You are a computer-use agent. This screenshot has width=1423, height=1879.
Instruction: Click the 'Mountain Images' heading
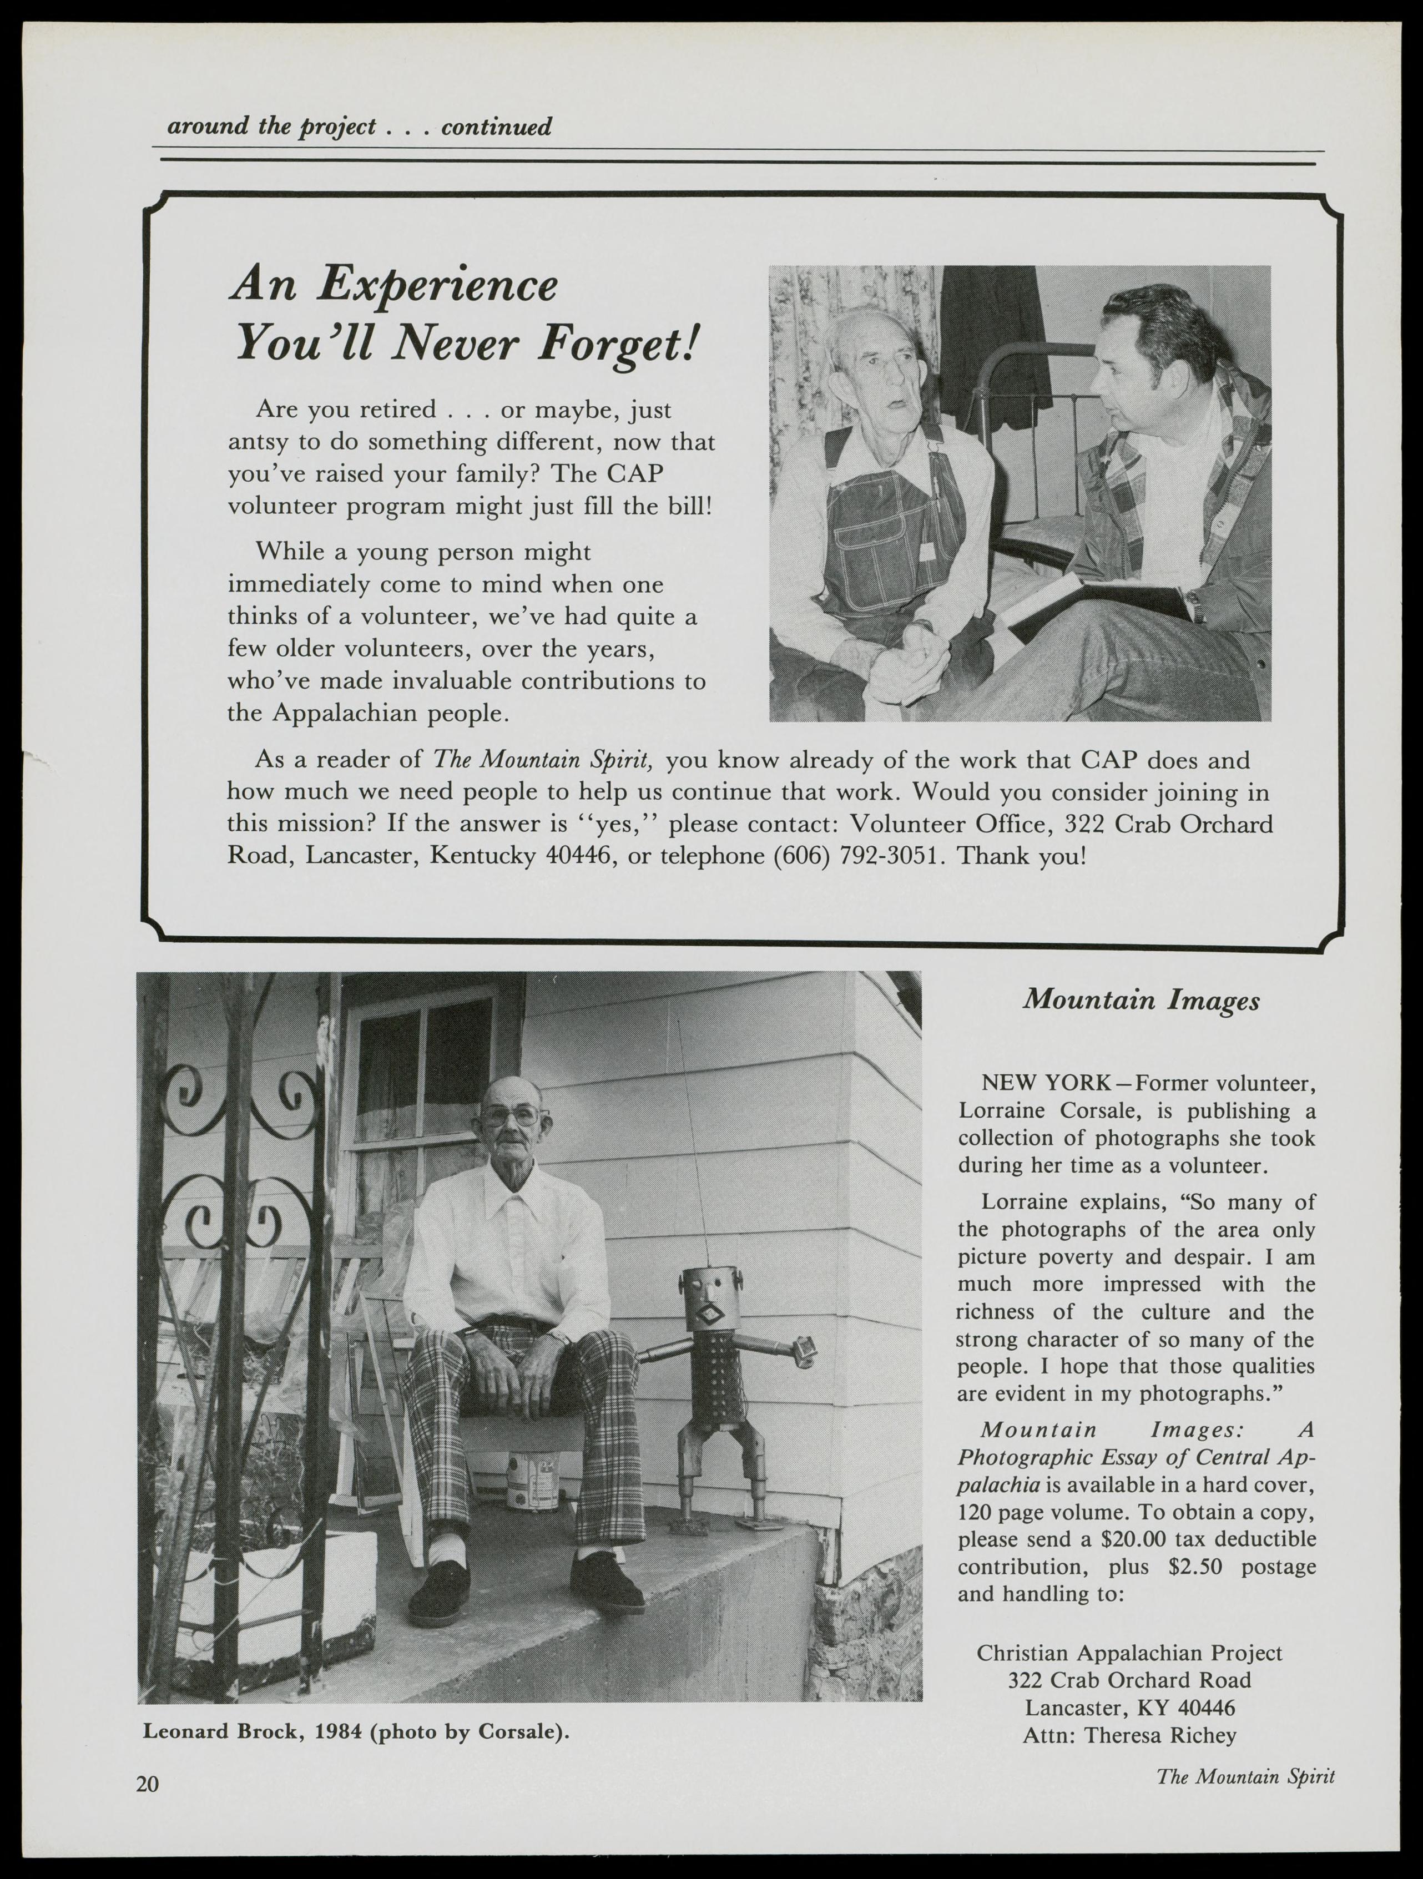[x=1141, y=1001]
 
